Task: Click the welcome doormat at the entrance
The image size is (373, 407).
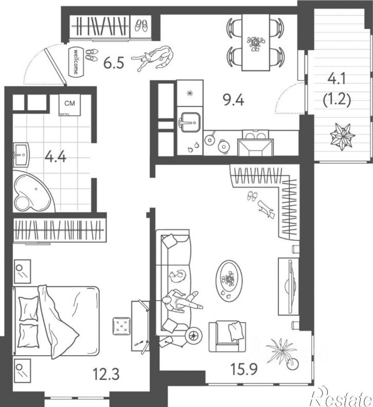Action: click(x=76, y=61)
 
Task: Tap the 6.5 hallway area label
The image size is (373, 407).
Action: click(x=114, y=63)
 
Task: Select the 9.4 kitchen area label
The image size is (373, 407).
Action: click(x=234, y=100)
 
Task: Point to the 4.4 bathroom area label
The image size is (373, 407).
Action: click(x=56, y=157)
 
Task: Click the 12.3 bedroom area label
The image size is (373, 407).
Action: click(x=106, y=375)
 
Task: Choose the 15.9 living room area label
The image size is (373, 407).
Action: click(x=244, y=369)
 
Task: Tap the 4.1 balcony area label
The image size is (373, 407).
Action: click(x=336, y=79)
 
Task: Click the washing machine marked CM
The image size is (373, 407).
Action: click(x=69, y=105)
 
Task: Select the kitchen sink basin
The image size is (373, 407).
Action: click(x=190, y=122)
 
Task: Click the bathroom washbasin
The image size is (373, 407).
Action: click(x=21, y=155)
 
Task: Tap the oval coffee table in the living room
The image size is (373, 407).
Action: click(x=229, y=281)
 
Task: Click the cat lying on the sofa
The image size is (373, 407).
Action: click(x=178, y=276)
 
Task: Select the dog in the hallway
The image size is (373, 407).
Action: click(x=153, y=58)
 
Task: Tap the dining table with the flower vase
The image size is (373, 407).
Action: click(x=256, y=42)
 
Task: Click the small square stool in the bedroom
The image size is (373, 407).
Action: click(x=121, y=326)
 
